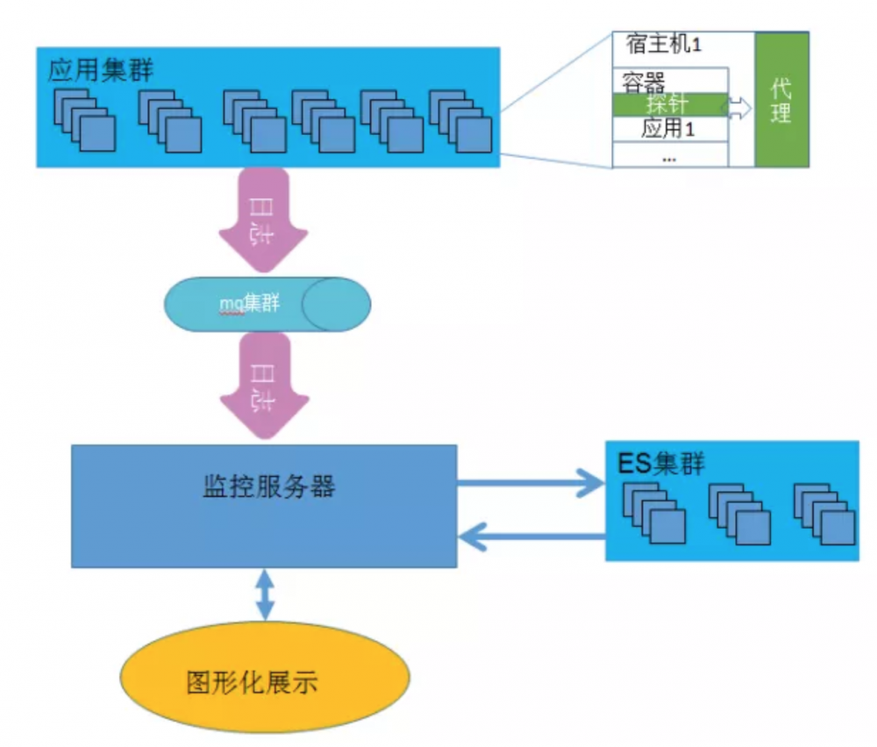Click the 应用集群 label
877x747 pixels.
(101, 70)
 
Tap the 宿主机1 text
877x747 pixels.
(665, 43)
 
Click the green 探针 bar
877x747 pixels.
(669, 104)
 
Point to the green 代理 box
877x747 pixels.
(781, 101)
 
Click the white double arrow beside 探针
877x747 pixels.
(738, 107)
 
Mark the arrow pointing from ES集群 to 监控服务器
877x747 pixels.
(531, 534)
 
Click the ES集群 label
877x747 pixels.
(660, 463)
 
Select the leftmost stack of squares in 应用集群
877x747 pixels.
(84, 121)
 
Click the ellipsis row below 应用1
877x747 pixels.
(669, 158)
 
